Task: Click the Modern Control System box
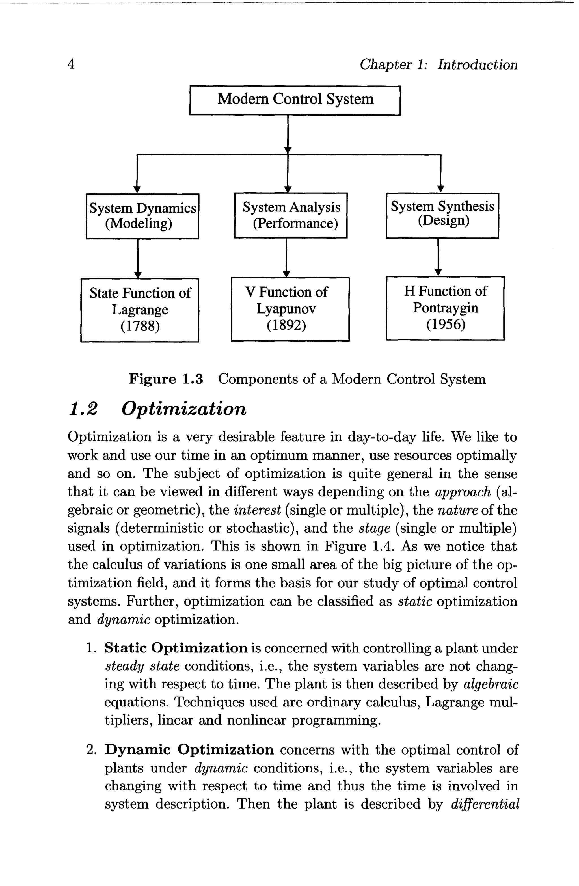coord(295,100)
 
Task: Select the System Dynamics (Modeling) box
coord(142,216)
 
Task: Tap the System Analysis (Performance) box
coord(291,215)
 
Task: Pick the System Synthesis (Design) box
coord(442,215)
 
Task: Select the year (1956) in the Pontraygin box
coord(445,324)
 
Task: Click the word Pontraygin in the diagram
coord(445,308)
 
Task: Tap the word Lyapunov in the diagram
coord(286,309)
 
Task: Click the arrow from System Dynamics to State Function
coord(138,258)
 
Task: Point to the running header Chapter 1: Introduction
coord(438,64)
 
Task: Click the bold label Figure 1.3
coord(166,379)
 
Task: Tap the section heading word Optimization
coord(184,409)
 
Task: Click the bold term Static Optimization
coord(176,648)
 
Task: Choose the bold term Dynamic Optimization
coord(189,749)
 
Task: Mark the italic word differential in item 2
coord(485,804)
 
